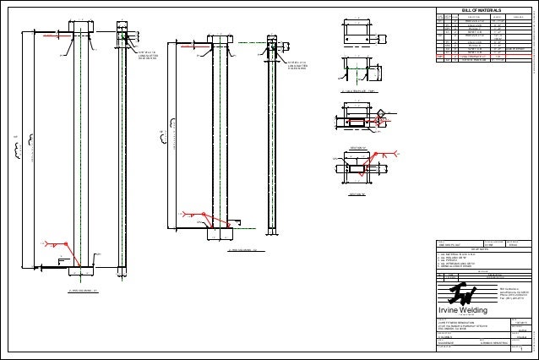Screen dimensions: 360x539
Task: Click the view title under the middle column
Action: (247, 251)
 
